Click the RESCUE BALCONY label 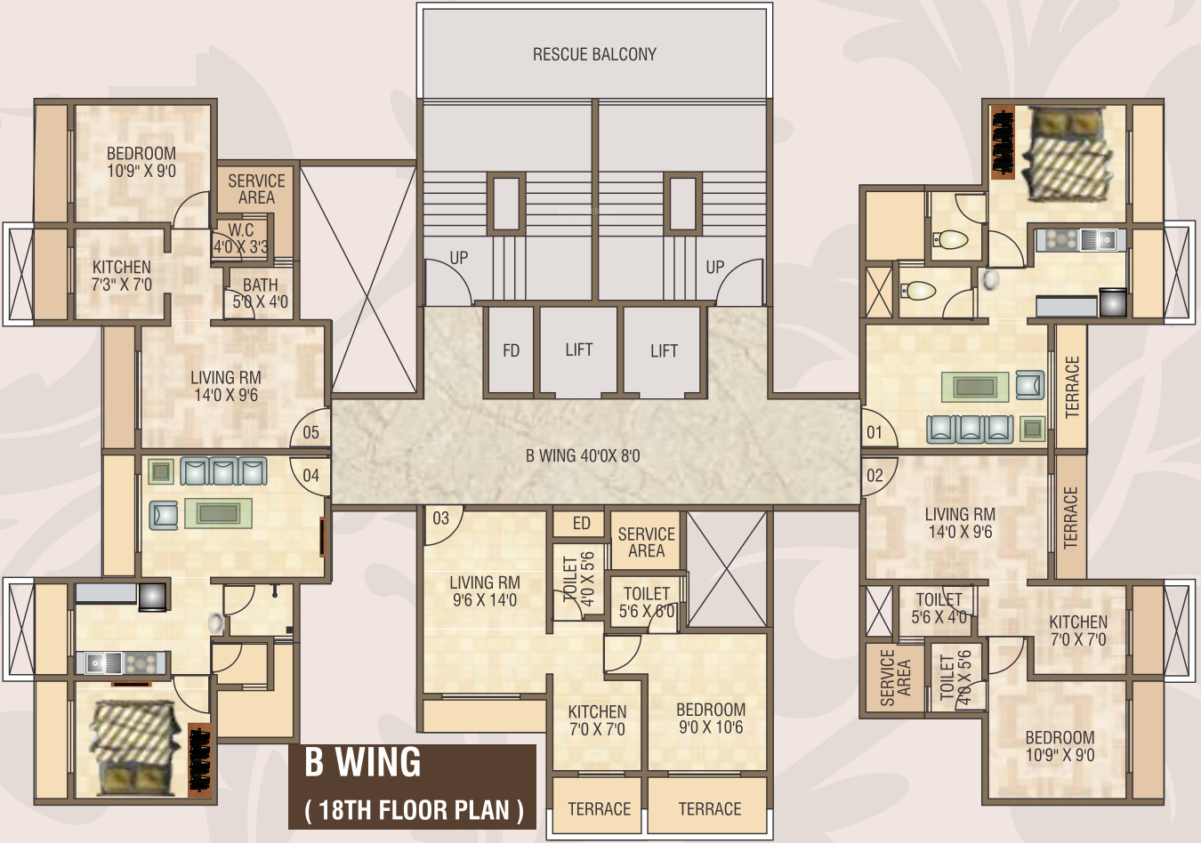(594, 54)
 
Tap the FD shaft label (511, 350)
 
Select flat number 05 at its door (311, 432)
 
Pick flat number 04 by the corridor (311, 476)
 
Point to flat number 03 (440, 518)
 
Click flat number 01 (874, 432)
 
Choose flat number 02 (875, 476)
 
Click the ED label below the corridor (582, 523)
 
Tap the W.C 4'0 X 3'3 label (241, 238)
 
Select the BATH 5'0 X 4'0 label (260, 293)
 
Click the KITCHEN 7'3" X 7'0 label (122, 276)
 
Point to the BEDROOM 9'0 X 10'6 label (711, 719)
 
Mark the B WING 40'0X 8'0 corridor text (583, 456)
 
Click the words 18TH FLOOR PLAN (414, 810)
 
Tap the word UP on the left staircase (459, 258)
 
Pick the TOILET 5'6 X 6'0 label (647, 602)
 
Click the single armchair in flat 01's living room (1030, 385)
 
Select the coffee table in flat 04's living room (218, 513)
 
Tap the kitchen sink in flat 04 (96, 663)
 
